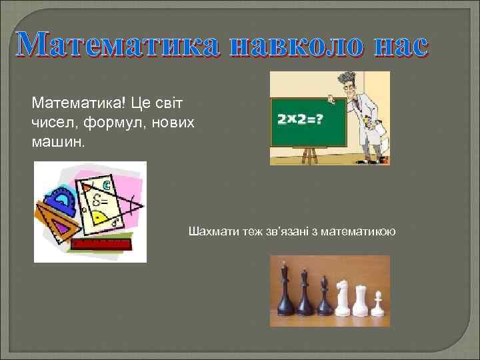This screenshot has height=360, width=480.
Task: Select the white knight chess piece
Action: coord(343,297)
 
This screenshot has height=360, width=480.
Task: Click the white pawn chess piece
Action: coord(378,303)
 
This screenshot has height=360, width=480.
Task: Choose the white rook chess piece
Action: coord(361,300)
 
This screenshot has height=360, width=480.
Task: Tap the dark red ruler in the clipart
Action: coord(100,243)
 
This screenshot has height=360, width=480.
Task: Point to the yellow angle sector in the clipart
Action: coord(99,217)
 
